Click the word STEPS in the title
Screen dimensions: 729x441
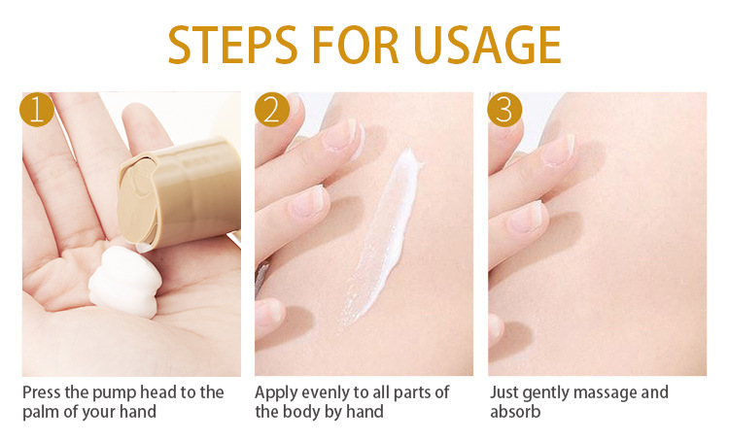[x=232, y=44]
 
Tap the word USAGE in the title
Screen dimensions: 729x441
[x=487, y=44]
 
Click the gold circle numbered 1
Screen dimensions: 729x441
[x=37, y=110]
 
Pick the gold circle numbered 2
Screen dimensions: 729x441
[x=272, y=110]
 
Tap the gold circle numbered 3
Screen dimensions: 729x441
[x=504, y=110]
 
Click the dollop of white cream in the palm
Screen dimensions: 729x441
[x=125, y=282]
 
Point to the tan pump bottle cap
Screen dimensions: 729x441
[x=179, y=191]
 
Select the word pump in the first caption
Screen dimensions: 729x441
[x=114, y=393]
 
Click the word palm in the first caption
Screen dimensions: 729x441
[x=42, y=412]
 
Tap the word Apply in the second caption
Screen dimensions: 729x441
[x=275, y=393]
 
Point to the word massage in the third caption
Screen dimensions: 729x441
[x=606, y=393]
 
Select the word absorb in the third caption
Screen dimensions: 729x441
[x=515, y=411]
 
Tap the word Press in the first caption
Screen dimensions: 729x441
[x=42, y=392]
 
